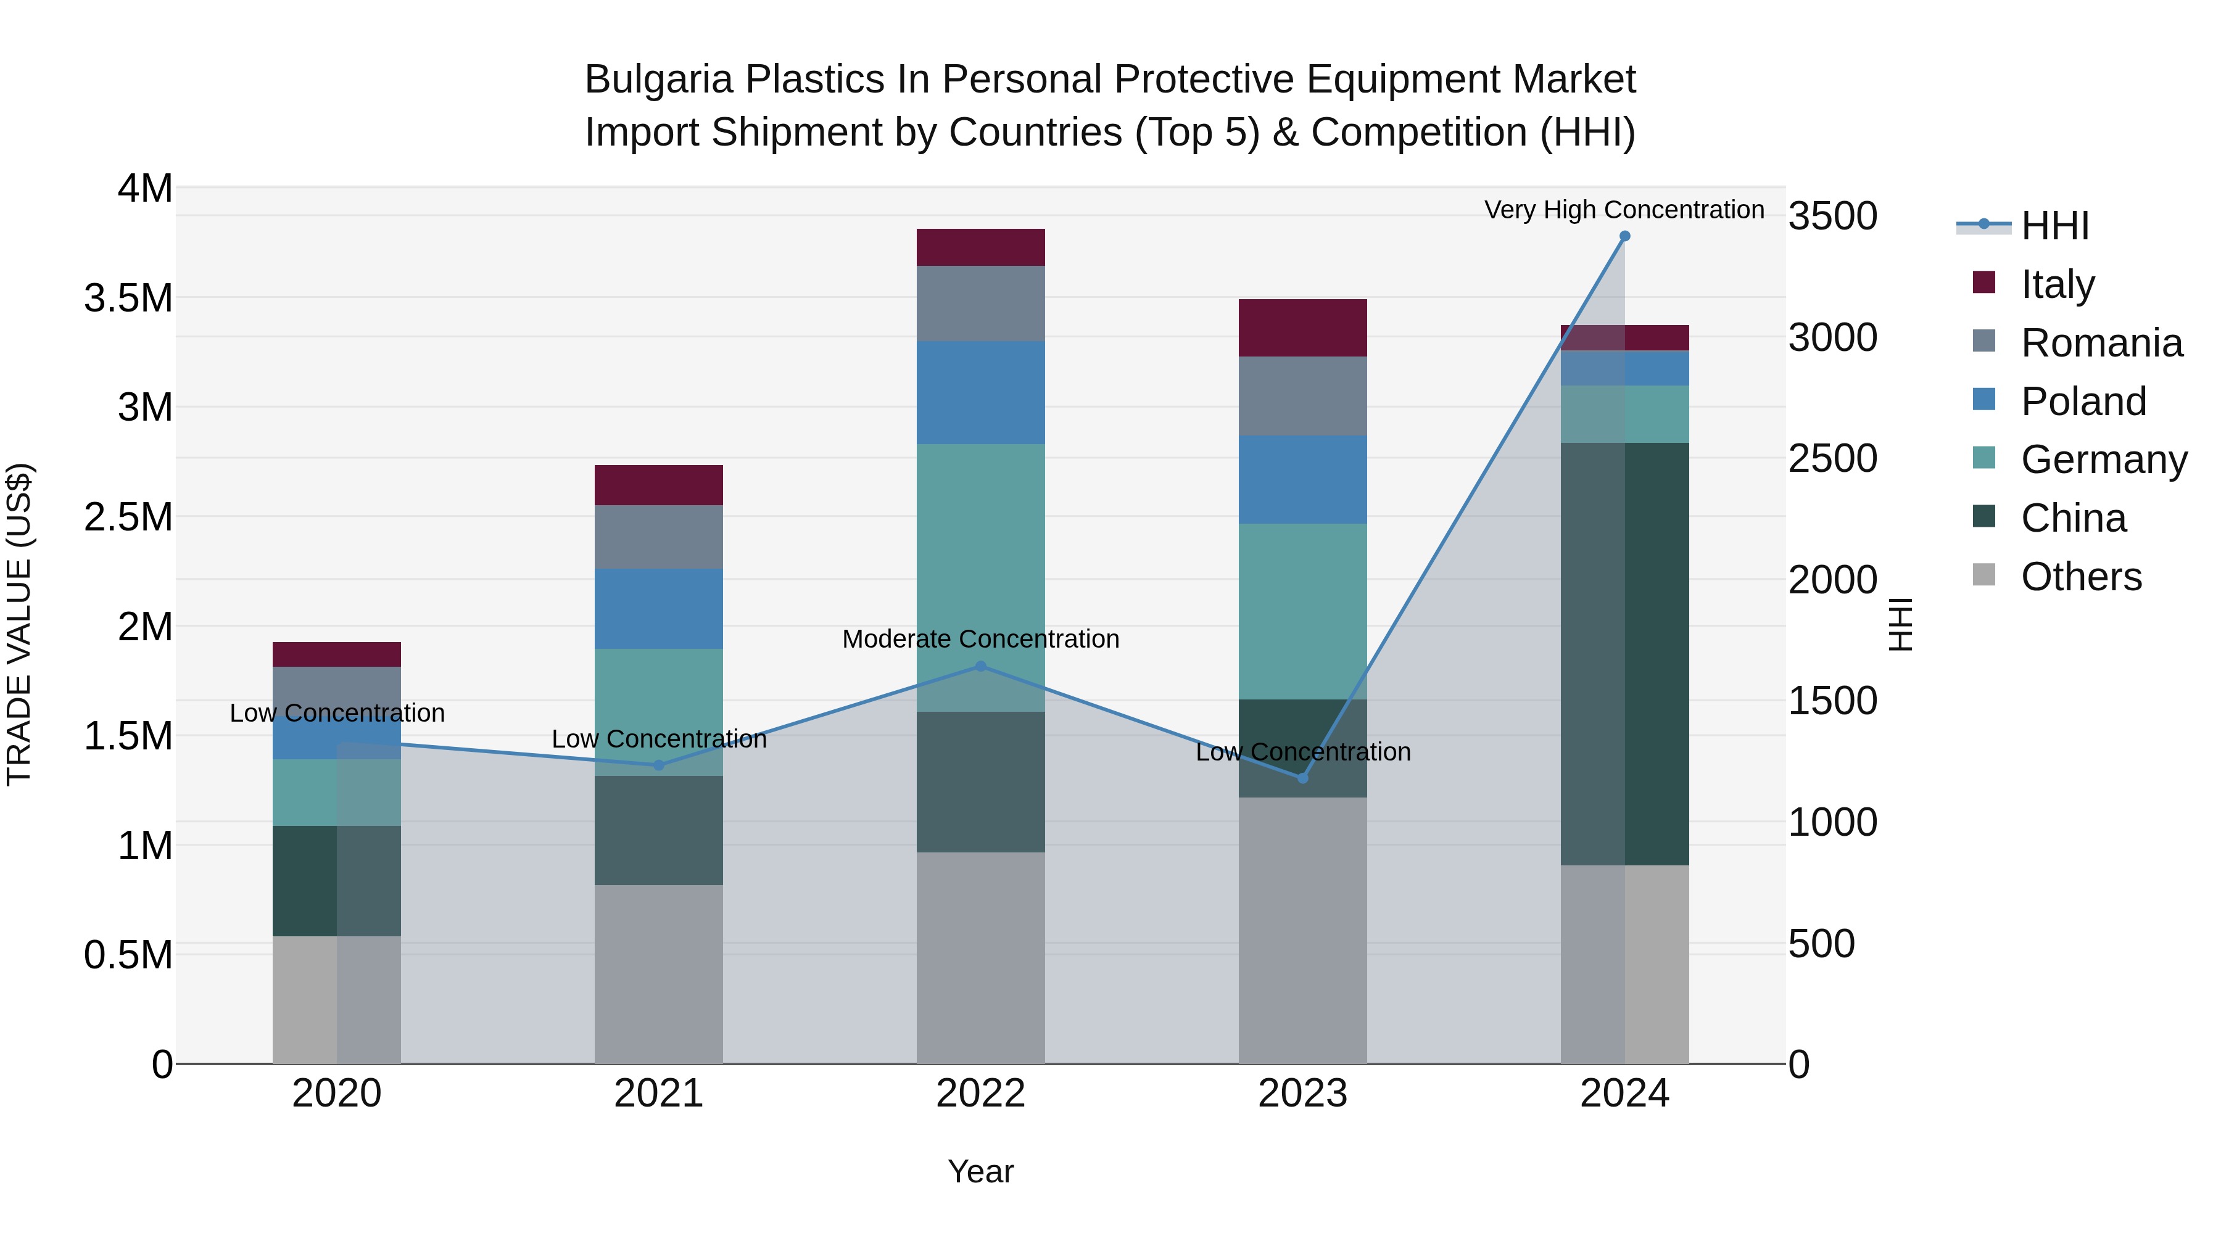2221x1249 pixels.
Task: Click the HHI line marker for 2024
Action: click(1624, 236)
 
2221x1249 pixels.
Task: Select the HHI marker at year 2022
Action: click(980, 666)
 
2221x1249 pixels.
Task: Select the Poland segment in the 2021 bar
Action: click(659, 609)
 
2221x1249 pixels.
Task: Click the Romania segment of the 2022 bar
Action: click(980, 303)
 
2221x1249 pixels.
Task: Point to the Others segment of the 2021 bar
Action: click(659, 974)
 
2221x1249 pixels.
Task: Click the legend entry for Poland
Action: click(2082, 402)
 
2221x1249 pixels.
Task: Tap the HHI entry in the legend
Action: click(2054, 226)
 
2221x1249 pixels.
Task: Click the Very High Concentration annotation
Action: click(1624, 210)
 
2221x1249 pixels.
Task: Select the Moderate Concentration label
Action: click(980, 639)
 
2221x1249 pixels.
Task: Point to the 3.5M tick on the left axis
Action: click(128, 299)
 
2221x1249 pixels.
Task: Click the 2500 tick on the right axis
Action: click(1832, 458)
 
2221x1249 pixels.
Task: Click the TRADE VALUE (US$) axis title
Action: click(19, 624)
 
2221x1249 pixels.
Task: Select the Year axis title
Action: click(980, 1171)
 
